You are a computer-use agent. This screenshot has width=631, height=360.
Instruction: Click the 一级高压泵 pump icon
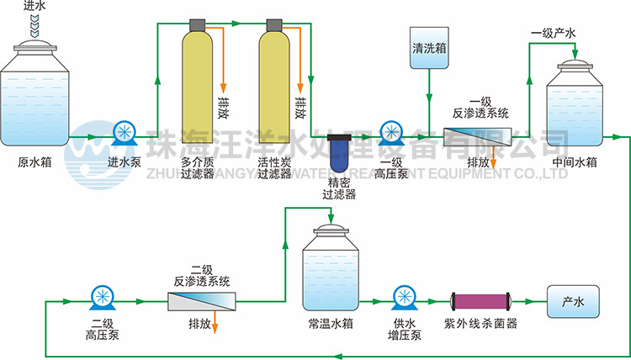pos(392,133)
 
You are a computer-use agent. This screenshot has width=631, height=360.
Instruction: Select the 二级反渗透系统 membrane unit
pos(202,301)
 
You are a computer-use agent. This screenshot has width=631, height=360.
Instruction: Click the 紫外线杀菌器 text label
pos(480,323)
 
